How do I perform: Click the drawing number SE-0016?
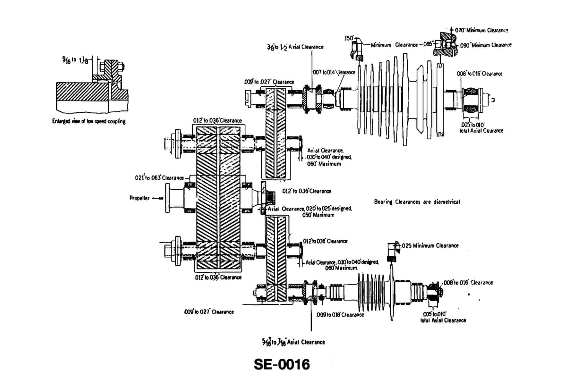click(282, 364)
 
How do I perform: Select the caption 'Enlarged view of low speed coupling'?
click(89, 121)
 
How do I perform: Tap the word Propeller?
click(139, 198)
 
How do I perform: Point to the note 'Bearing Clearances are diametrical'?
click(417, 202)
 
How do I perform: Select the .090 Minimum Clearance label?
click(485, 45)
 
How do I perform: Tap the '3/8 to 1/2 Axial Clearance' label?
click(295, 47)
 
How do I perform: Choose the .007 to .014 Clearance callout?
click(334, 72)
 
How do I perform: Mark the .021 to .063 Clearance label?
click(159, 178)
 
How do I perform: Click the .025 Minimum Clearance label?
click(430, 245)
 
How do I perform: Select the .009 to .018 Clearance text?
click(340, 315)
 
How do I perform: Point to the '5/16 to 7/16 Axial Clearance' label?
click(293, 342)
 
